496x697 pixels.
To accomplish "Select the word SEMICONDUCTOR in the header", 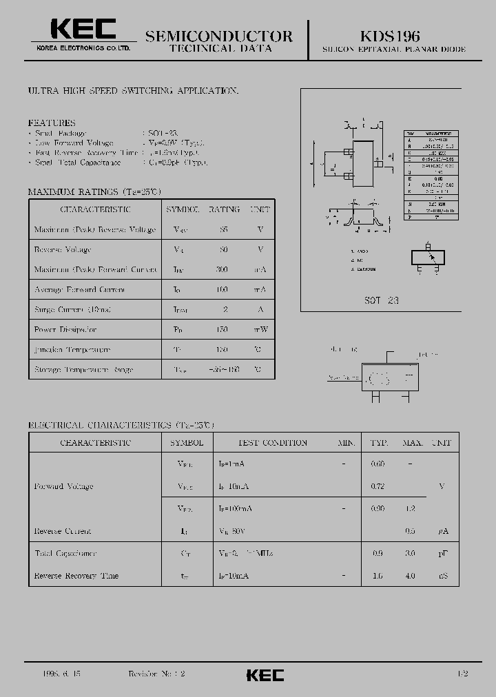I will [x=219, y=36].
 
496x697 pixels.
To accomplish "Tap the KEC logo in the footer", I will [x=265, y=675].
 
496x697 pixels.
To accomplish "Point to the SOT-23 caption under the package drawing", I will [x=382, y=300].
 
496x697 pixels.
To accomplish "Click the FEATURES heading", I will [x=52, y=123].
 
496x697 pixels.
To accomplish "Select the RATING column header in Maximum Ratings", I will [x=224, y=209].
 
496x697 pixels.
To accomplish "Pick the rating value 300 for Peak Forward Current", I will [x=221, y=270].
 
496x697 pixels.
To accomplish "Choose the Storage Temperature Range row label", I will [x=84, y=370].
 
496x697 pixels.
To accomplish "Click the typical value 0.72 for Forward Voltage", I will [x=378, y=486].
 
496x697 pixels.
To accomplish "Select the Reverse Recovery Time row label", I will [x=76, y=576].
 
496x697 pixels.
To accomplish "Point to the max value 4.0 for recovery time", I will [x=411, y=576].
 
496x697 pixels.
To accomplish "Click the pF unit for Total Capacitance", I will [x=442, y=554].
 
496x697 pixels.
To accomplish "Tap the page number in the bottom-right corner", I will [x=462, y=674].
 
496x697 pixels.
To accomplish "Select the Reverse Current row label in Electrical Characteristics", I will [x=63, y=531].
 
